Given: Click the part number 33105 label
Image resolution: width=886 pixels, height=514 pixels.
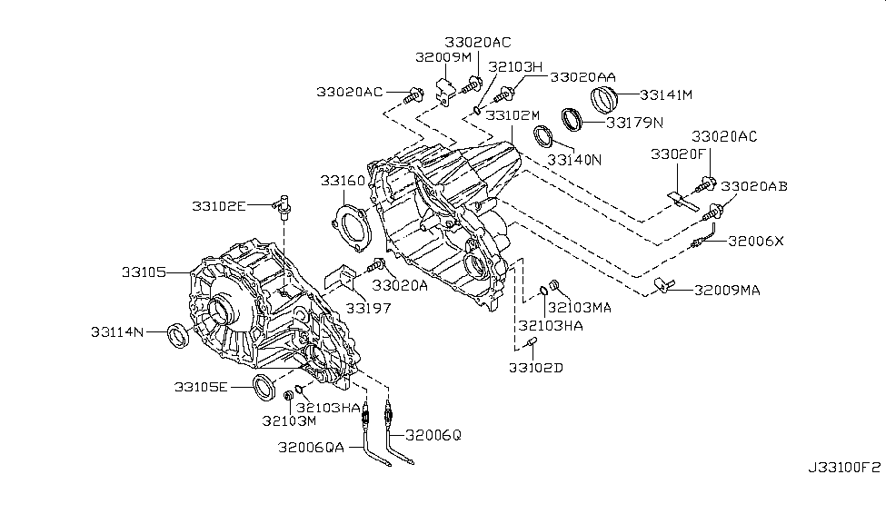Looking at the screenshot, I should coord(143,271).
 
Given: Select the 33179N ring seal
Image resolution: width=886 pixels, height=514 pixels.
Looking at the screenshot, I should coord(572,120).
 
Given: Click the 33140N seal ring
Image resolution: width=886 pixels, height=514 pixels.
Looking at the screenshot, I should coord(544,139).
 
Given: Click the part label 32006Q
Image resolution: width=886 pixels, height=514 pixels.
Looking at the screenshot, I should coord(433,434).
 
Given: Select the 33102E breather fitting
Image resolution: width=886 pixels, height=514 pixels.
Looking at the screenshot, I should coord(285,204).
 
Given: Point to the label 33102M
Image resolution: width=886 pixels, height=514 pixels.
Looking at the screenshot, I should coord(513,115).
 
